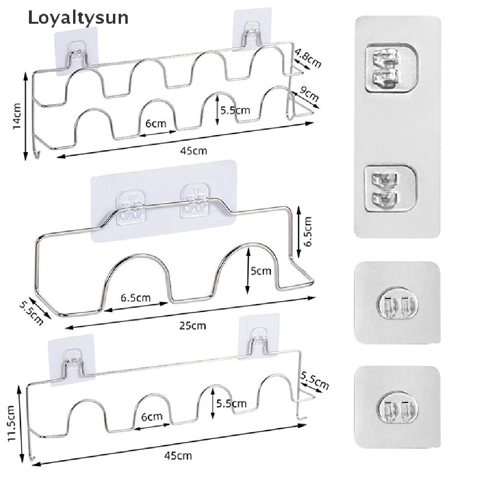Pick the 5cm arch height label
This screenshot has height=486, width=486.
pos(261,271)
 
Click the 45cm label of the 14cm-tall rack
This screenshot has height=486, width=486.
pos(194,151)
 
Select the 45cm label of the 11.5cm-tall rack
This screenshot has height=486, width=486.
pos(178,456)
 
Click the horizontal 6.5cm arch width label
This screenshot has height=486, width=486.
pos(136,298)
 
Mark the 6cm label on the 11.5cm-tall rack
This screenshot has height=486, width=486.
pos(152,417)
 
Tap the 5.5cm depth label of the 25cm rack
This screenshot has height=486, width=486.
pos(36,310)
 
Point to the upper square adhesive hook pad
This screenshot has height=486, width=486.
pos(397,302)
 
